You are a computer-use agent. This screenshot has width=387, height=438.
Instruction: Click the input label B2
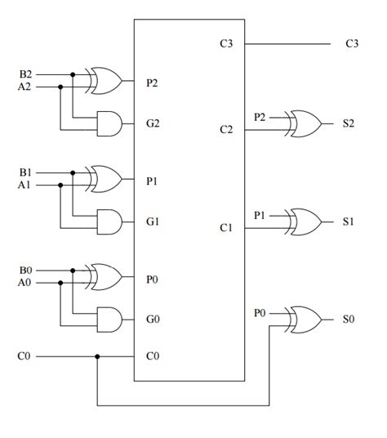tap(26, 74)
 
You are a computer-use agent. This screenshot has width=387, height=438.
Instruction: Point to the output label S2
tap(349, 123)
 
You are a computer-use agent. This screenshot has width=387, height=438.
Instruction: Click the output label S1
tap(349, 221)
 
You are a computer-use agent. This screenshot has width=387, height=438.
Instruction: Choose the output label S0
tap(349, 319)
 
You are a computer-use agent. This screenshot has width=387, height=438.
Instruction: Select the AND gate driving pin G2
tap(109, 123)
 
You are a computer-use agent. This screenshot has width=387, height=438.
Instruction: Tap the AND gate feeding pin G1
tap(109, 221)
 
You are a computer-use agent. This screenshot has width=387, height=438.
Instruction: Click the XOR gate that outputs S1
tap(305, 221)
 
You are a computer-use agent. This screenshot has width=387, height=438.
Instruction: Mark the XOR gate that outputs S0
tap(305, 319)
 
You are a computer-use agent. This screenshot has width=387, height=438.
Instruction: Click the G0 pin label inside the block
tap(153, 319)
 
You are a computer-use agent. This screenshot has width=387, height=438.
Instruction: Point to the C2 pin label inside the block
tap(226, 129)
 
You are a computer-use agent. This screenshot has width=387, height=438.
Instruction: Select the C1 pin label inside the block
tap(226, 227)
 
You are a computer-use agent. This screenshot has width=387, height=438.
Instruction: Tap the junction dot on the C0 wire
tap(97, 356)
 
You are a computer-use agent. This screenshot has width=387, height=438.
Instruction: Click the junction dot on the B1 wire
tap(73, 172)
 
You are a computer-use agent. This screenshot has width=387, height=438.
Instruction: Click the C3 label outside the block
tap(352, 43)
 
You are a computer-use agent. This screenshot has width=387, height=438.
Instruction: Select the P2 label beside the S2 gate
tap(260, 117)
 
